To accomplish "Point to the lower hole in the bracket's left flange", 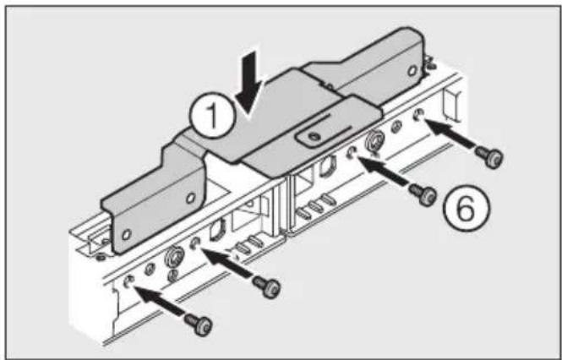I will [x=126, y=232].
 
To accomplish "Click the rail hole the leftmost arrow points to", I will [x=128, y=281].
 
